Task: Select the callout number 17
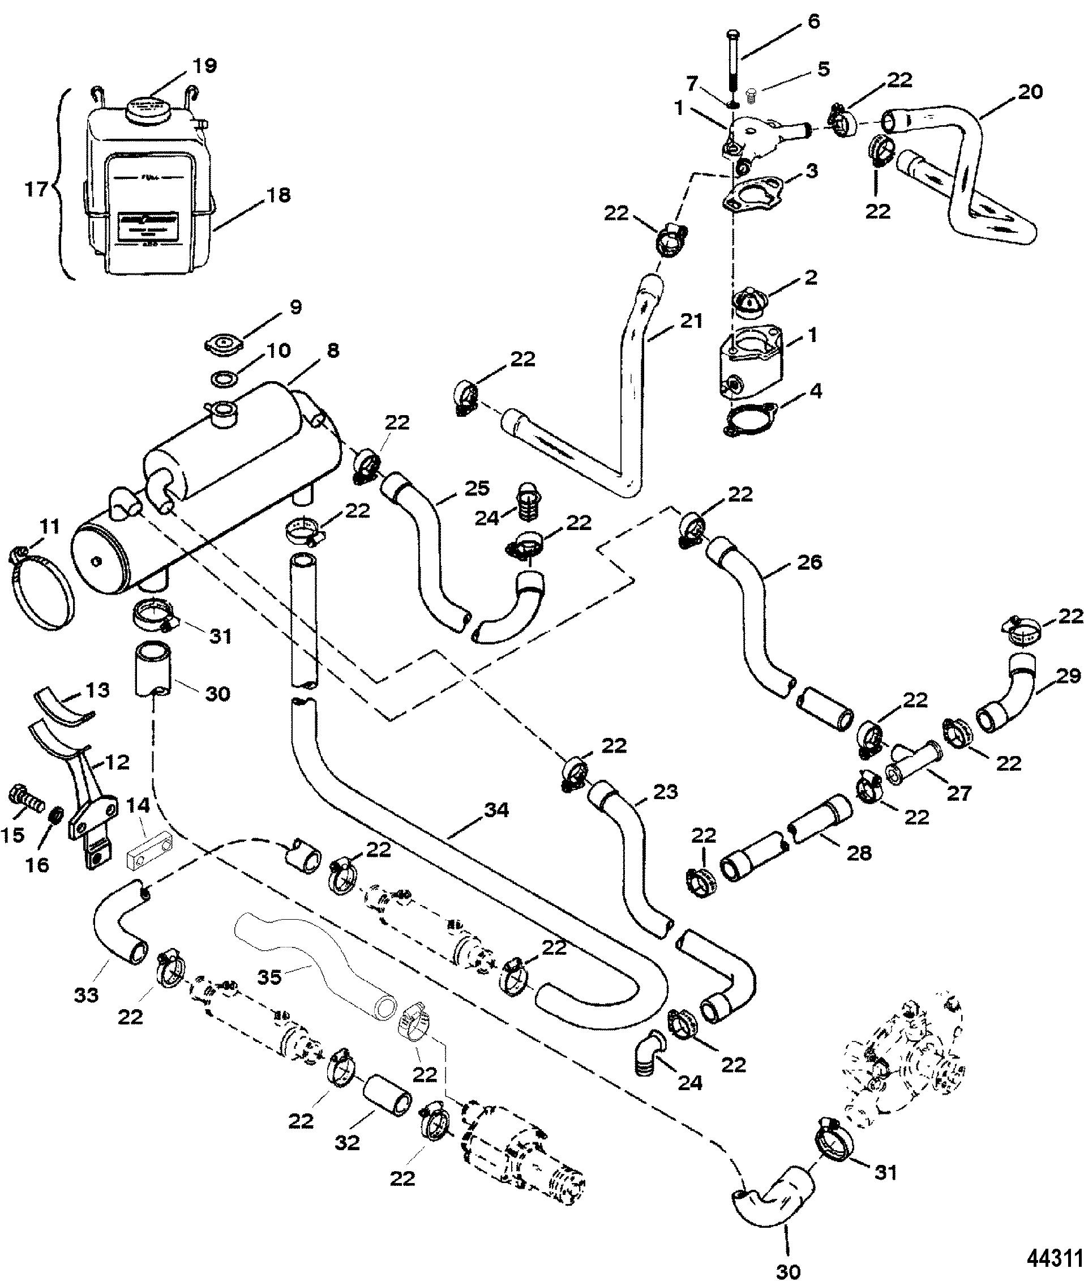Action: [36, 189]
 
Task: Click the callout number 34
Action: [496, 811]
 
